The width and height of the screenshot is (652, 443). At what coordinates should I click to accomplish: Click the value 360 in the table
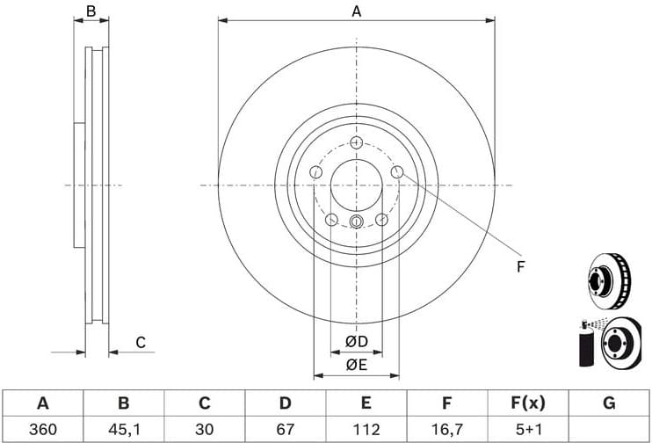[x=42, y=429]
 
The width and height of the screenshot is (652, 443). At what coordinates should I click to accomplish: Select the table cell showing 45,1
[x=124, y=429]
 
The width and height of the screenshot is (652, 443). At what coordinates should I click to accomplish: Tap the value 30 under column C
[x=204, y=429]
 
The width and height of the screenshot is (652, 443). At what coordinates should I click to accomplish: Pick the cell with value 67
[x=285, y=429]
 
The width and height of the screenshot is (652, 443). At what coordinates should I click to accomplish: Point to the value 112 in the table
[x=366, y=429]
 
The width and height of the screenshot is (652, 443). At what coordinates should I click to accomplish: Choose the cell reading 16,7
[x=446, y=429]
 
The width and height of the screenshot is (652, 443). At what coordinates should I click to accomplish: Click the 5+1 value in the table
[x=527, y=429]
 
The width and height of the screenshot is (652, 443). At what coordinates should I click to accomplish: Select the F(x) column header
[x=527, y=403]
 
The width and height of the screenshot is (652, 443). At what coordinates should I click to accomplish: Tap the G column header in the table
[x=609, y=403]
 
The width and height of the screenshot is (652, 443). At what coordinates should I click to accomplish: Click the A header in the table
[x=42, y=403]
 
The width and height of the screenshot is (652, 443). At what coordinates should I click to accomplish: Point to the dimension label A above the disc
[x=356, y=11]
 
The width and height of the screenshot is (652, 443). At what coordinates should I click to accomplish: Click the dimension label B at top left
[x=91, y=11]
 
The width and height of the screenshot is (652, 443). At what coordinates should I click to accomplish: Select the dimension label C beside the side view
[x=139, y=343]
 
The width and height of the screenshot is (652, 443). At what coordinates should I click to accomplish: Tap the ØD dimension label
[x=356, y=341]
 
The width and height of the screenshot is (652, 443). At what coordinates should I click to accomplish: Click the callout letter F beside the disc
[x=519, y=266]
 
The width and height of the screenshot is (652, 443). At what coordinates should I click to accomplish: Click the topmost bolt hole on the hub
[x=356, y=143]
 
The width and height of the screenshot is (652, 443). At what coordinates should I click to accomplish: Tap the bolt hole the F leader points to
[x=397, y=173]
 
